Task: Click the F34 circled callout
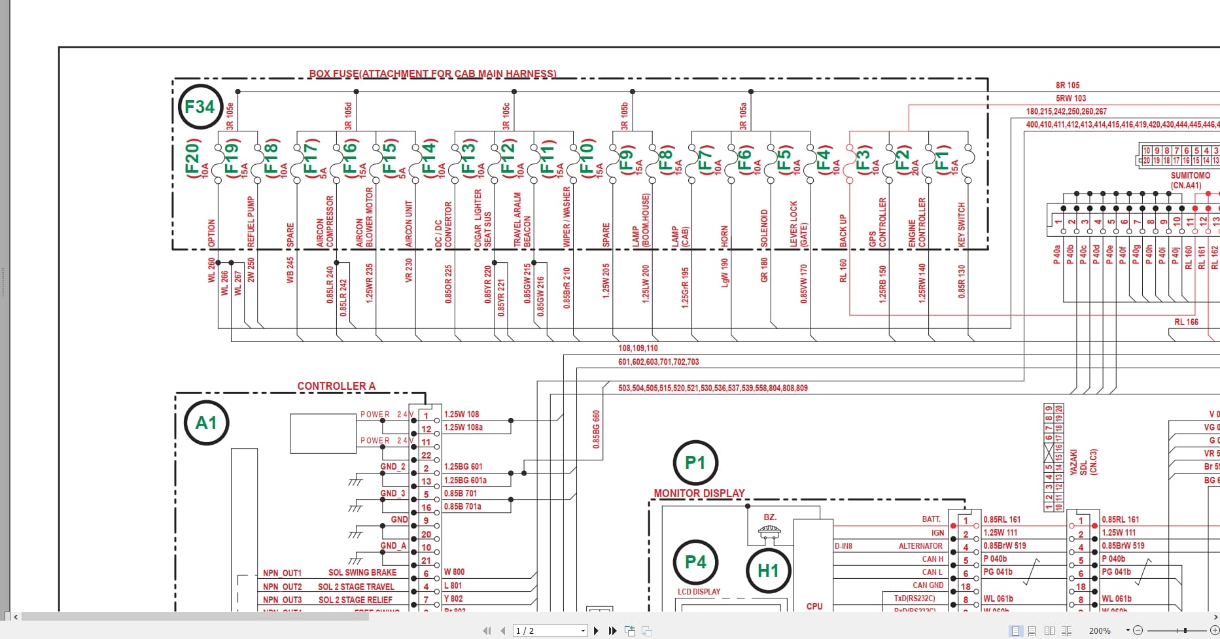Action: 200,107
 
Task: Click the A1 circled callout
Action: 206,423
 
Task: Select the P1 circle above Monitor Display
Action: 695,463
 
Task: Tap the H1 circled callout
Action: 768,570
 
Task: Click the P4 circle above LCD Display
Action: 695,562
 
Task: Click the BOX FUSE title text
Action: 432,74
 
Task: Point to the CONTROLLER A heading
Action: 336,386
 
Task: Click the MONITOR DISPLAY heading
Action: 699,493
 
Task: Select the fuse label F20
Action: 192,157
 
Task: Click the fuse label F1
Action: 941,157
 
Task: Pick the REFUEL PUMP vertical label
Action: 251,222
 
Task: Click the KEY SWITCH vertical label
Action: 962,224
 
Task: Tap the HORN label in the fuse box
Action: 724,236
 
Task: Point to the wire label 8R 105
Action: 1068,85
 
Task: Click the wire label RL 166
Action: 1186,322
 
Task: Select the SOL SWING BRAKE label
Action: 362,572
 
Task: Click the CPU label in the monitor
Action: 814,606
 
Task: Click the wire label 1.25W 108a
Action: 463,427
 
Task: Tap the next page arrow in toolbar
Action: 596,630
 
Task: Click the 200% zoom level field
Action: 1100,630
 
